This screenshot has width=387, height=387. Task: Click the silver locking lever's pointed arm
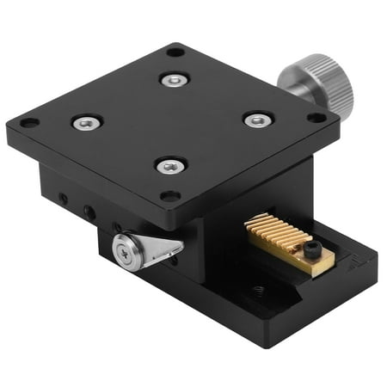pyautogui.click(x=163, y=249)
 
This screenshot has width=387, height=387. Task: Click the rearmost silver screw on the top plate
pyautogui.click(x=175, y=80)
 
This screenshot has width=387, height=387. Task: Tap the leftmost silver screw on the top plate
pyautogui.click(x=87, y=123)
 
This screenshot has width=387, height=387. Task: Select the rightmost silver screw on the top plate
pyautogui.click(x=257, y=120)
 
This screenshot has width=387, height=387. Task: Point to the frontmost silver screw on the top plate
pyautogui.click(x=171, y=165)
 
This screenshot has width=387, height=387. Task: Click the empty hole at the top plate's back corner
pyautogui.click(x=175, y=52)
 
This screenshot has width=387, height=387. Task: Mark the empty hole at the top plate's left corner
pyautogui.click(x=29, y=123)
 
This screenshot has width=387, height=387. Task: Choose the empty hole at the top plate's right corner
pyautogui.click(x=316, y=117)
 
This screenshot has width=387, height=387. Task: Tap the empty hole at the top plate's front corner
pyautogui.click(x=170, y=196)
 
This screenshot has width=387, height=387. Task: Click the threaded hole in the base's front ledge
pyautogui.click(x=257, y=291)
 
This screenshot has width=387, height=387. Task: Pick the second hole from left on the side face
pyautogui.click(x=88, y=211)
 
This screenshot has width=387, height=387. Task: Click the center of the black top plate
pyautogui.click(x=172, y=122)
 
